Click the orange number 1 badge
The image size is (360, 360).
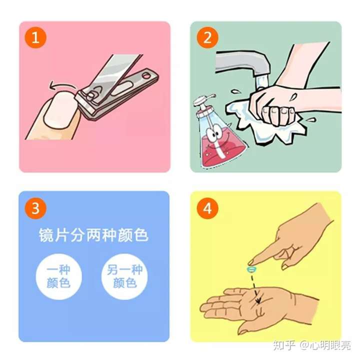tap(35, 38)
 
